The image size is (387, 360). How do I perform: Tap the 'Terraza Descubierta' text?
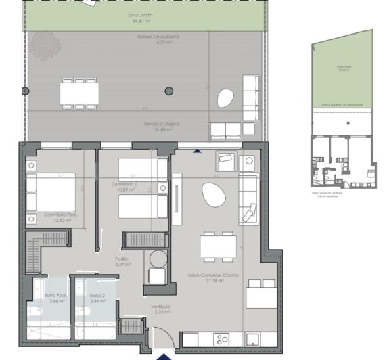coord(157,37)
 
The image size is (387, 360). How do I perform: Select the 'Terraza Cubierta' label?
coord(160,124)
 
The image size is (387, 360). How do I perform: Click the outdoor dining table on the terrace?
coord(78,93)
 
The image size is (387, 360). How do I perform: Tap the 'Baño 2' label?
coord(97,296)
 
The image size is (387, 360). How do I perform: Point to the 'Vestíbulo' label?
coord(160,307)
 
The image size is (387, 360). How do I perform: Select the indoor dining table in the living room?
coord(217,246)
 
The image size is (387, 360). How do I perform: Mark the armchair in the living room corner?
coord(225,161)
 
